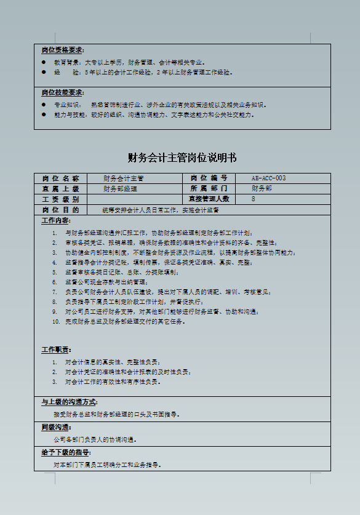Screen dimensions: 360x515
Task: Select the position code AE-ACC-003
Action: point(268,178)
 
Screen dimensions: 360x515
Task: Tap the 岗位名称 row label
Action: point(60,178)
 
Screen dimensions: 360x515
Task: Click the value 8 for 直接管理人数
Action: point(254,199)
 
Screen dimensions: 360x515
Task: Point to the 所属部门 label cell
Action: point(209,189)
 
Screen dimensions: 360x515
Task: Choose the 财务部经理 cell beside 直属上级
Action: point(120,189)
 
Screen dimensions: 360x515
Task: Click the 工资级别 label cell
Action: point(60,199)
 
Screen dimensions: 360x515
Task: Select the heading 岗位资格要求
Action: point(63,50)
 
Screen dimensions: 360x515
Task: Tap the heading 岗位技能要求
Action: point(63,93)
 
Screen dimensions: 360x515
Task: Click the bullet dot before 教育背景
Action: point(44,63)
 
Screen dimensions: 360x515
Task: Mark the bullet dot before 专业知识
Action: point(44,105)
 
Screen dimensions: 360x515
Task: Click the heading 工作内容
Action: point(56,220)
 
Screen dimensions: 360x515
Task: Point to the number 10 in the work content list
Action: point(57,321)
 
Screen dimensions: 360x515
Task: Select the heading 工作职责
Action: point(56,349)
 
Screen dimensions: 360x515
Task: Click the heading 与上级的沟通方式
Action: point(68,402)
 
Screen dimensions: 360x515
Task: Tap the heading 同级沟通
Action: point(56,427)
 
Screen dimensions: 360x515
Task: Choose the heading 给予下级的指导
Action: point(65,452)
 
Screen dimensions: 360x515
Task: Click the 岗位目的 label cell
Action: point(60,210)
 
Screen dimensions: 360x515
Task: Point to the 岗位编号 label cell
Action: point(209,178)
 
